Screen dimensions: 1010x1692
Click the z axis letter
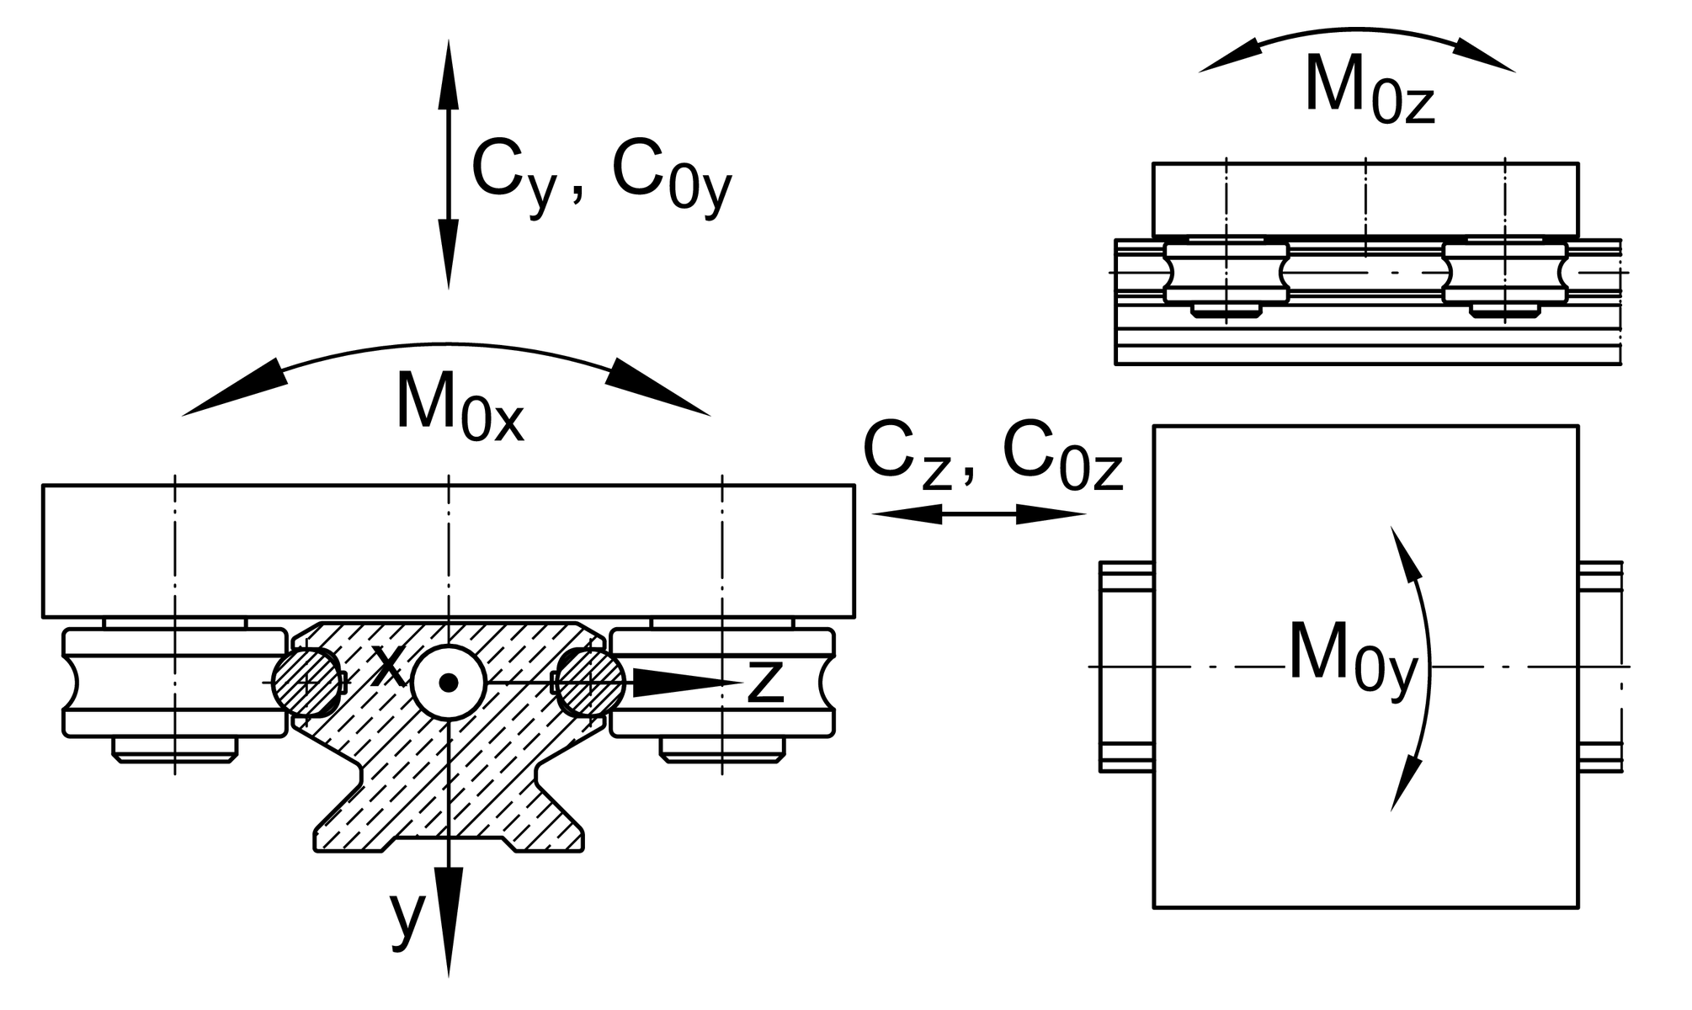pos(765,681)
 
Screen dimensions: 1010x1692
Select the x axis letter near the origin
pos(388,667)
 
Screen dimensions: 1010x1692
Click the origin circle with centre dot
pos(449,683)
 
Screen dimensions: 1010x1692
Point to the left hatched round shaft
pos(309,682)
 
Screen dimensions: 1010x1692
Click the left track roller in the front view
pos(174,683)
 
